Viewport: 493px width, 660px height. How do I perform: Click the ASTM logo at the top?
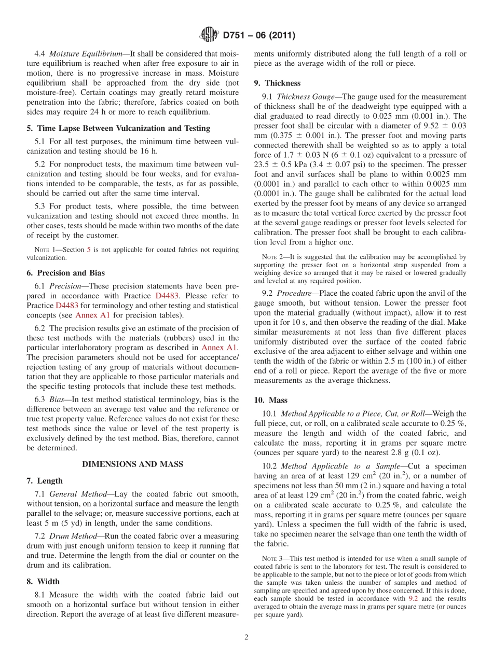209,35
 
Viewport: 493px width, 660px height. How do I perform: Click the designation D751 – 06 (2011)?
259,36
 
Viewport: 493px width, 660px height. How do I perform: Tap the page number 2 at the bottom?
246,637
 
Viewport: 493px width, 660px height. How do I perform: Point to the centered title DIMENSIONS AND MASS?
132,464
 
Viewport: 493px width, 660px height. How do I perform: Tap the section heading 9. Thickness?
277,83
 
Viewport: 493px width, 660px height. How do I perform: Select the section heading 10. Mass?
270,400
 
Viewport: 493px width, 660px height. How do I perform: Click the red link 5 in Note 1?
89,250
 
